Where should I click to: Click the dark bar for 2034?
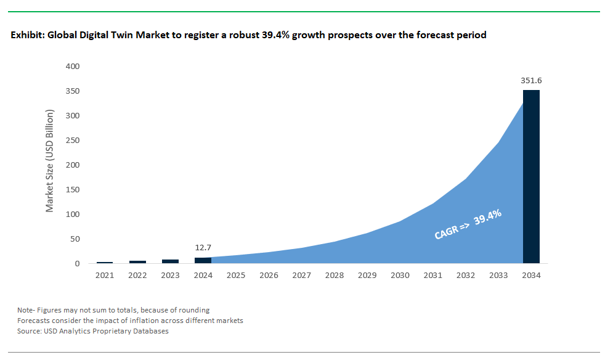point(531,177)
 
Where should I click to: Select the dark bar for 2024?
point(203,260)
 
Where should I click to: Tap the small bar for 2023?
point(170,261)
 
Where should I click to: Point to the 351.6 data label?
point(531,80)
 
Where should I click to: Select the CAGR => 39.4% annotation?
point(468,224)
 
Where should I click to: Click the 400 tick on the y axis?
point(73,66)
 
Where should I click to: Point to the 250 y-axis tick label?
point(73,140)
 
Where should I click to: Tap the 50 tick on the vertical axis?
point(75,239)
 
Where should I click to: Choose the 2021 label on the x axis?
point(105,276)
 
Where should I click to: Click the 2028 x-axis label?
point(334,276)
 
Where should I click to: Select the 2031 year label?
point(432,276)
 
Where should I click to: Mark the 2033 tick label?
point(498,276)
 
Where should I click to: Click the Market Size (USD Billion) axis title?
point(50,161)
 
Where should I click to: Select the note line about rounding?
point(113,309)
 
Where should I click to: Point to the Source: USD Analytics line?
point(93,331)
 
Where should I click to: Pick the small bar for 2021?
point(105,263)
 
